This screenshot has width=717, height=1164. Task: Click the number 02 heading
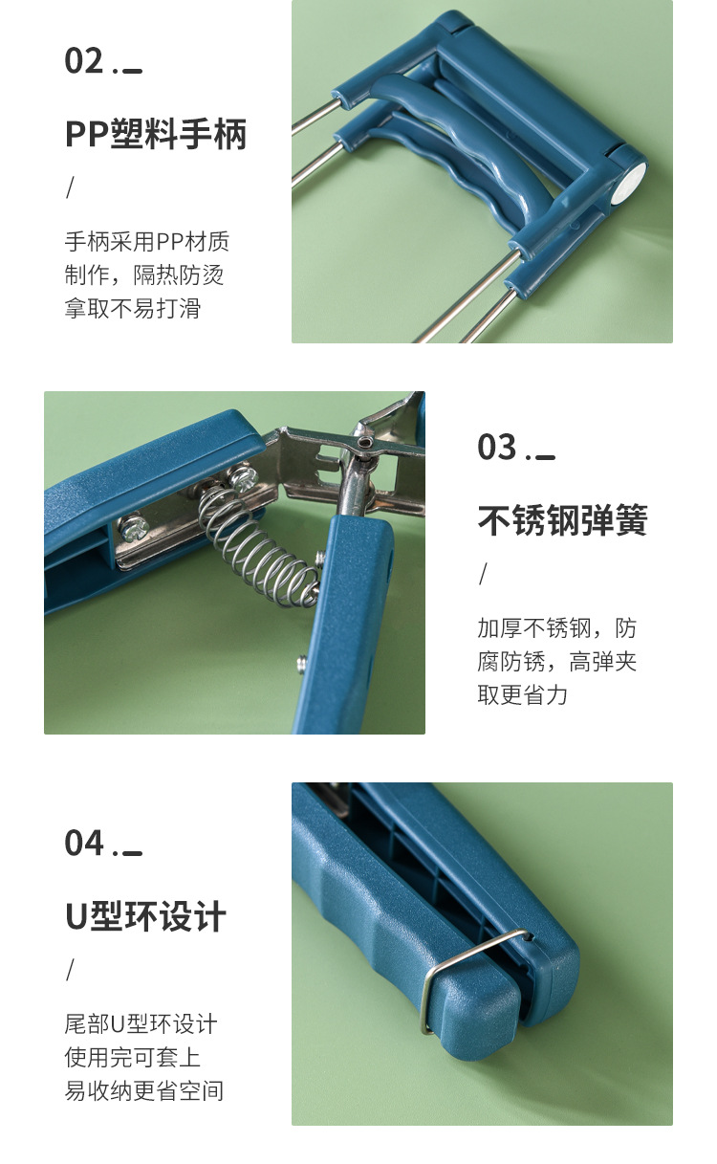(x=84, y=61)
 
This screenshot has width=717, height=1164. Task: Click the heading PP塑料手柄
(x=156, y=134)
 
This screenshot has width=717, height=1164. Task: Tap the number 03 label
(x=497, y=448)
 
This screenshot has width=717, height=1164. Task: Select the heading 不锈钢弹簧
(x=563, y=520)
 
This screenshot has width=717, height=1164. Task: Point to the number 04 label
(x=84, y=844)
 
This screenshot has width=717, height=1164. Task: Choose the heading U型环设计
(x=145, y=916)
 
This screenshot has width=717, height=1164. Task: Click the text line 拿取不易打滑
(x=133, y=309)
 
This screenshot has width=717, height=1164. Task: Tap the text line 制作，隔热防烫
(x=144, y=275)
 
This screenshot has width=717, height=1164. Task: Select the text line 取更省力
(x=523, y=695)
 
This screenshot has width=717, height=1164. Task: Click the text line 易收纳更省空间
(x=144, y=1090)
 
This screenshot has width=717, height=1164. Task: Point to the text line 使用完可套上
(x=133, y=1058)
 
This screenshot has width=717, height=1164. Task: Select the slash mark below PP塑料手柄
(x=70, y=187)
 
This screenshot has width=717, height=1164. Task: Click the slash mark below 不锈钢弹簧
(x=483, y=574)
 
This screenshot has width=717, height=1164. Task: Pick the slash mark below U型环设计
(x=70, y=970)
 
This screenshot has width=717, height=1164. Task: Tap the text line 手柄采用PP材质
(x=147, y=242)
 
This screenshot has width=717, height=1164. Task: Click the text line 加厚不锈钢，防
(x=557, y=628)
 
